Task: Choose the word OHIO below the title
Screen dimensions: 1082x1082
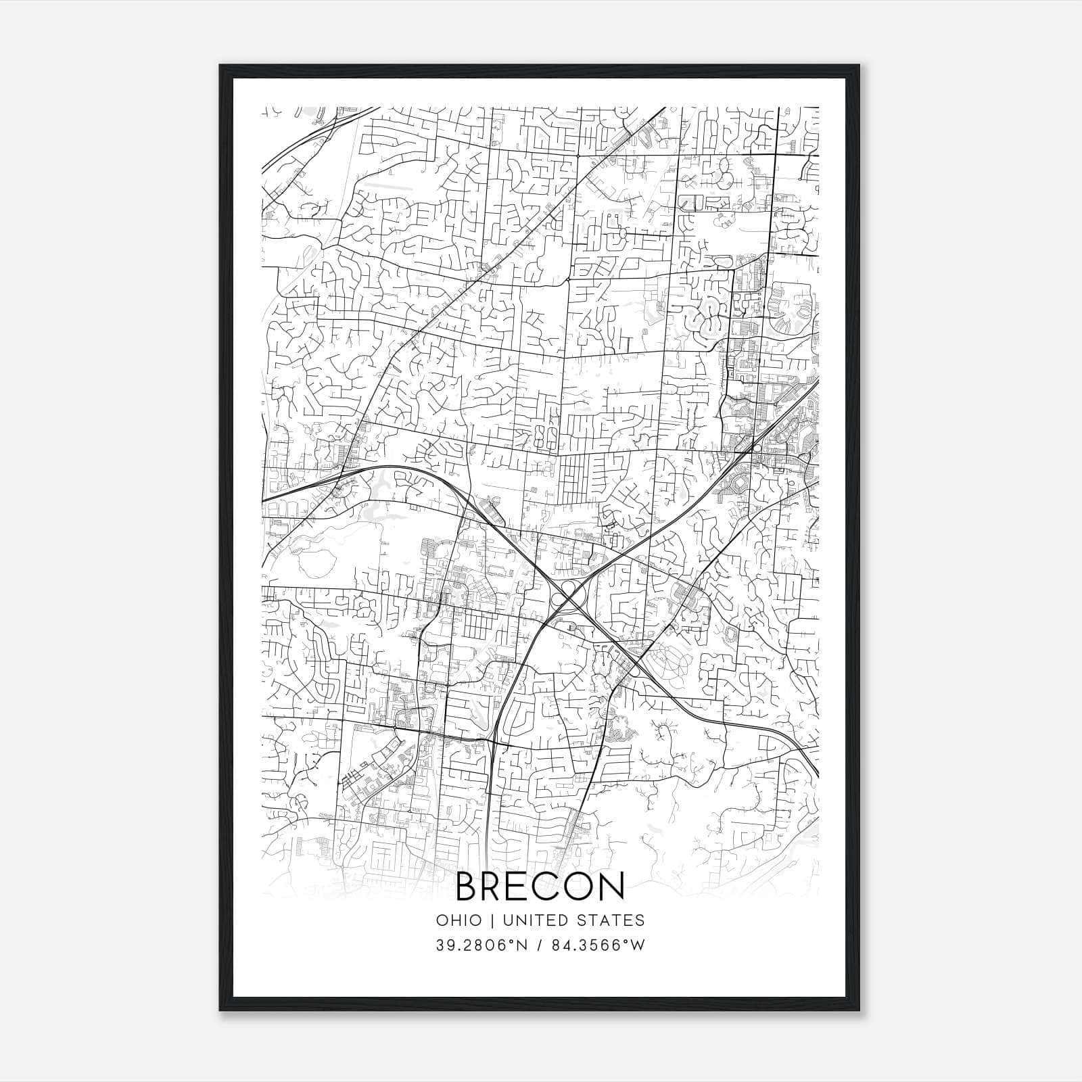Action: pyautogui.click(x=459, y=920)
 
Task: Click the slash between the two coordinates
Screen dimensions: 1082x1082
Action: pyautogui.click(x=539, y=945)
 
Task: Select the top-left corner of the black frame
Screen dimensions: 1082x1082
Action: pyautogui.click(x=220, y=66)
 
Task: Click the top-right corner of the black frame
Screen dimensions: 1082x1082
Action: pyautogui.click(x=861, y=66)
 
